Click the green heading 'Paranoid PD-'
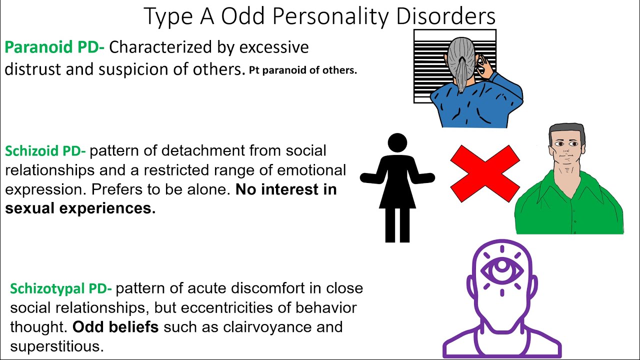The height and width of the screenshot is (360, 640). [x=54, y=48]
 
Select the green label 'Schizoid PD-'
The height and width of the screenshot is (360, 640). [x=45, y=151]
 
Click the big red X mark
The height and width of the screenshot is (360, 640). [x=484, y=173]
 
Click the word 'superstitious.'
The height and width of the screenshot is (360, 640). [x=57, y=346]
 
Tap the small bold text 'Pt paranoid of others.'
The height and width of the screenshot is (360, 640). [x=303, y=70]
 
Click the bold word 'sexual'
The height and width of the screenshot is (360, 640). [x=31, y=208]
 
